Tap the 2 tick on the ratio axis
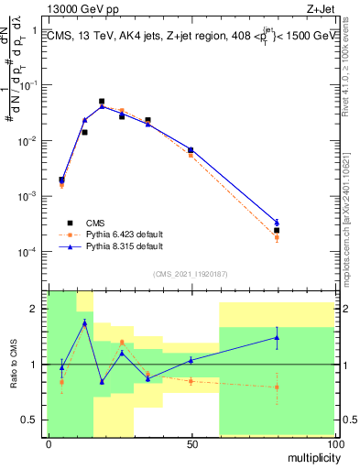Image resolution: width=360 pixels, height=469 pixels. coord(38,309)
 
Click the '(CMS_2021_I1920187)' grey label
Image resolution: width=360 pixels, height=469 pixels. coord(191,273)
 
